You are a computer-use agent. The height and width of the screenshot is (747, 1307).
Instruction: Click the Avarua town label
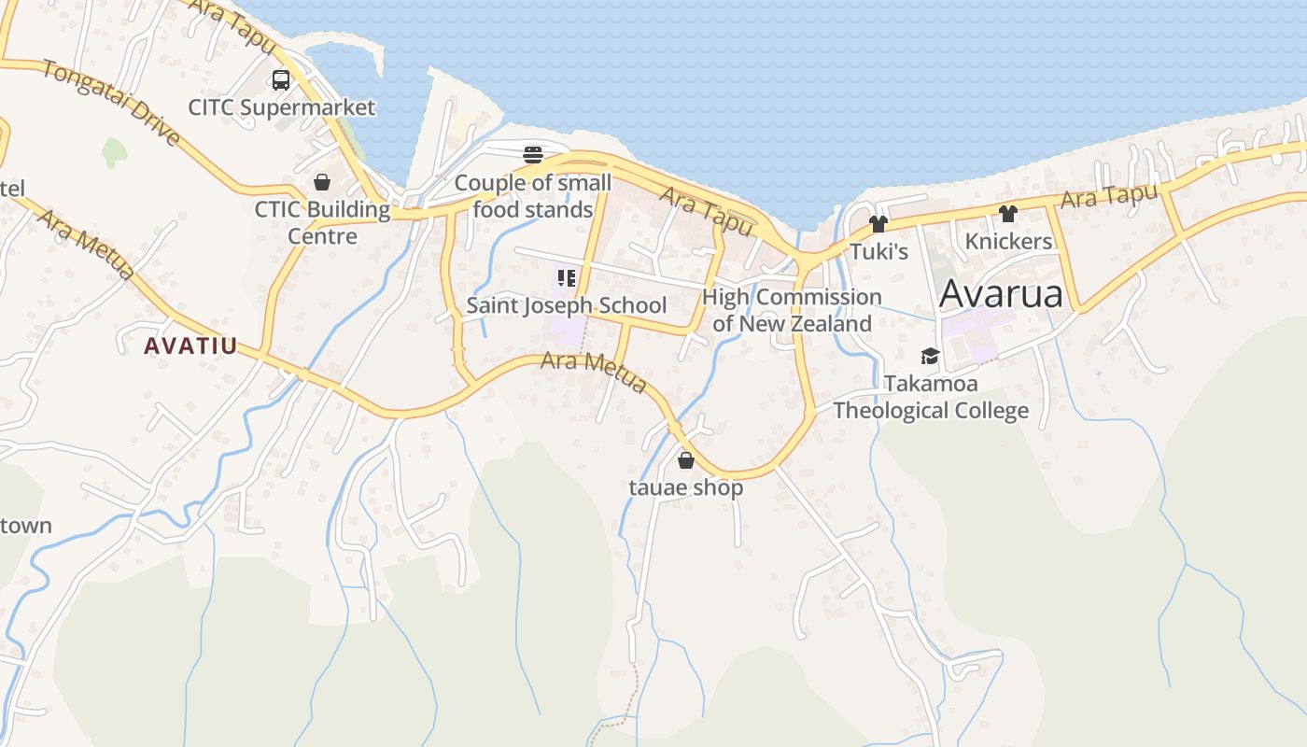point(1001,293)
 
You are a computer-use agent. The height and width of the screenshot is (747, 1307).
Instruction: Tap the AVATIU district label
point(190,345)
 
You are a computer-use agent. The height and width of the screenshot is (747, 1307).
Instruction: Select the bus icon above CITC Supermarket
point(281,80)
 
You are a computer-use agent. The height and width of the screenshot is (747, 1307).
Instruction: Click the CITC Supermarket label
point(281,107)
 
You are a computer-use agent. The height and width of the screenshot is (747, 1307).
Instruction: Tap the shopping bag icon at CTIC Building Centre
point(322,182)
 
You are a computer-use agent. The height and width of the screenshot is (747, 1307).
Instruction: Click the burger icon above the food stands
point(533,154)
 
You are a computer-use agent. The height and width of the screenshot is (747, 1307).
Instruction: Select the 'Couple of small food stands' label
point(533,196)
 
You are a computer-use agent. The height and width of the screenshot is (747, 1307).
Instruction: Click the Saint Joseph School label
point(566,305)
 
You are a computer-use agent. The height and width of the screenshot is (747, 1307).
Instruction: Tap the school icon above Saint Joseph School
point(566,277)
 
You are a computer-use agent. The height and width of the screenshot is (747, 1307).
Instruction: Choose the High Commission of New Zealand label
point(792,310)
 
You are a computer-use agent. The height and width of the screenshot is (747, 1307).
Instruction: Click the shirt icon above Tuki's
point(878,224)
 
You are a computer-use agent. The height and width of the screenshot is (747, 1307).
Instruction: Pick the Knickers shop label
point(1008,241)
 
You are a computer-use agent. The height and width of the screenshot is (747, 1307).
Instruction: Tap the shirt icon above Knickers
point(1007,214)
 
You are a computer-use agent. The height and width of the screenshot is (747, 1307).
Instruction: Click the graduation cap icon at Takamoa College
point(930,356)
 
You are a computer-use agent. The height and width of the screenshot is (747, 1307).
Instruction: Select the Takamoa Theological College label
point(931,397)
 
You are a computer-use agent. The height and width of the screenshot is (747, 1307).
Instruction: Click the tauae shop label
point(686,487)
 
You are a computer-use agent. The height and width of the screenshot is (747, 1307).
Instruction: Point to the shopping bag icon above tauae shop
point(686,460)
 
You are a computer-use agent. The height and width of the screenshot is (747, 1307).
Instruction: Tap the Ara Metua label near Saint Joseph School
point(594,371)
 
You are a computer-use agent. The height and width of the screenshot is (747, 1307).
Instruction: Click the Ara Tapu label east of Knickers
point(1109,197)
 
